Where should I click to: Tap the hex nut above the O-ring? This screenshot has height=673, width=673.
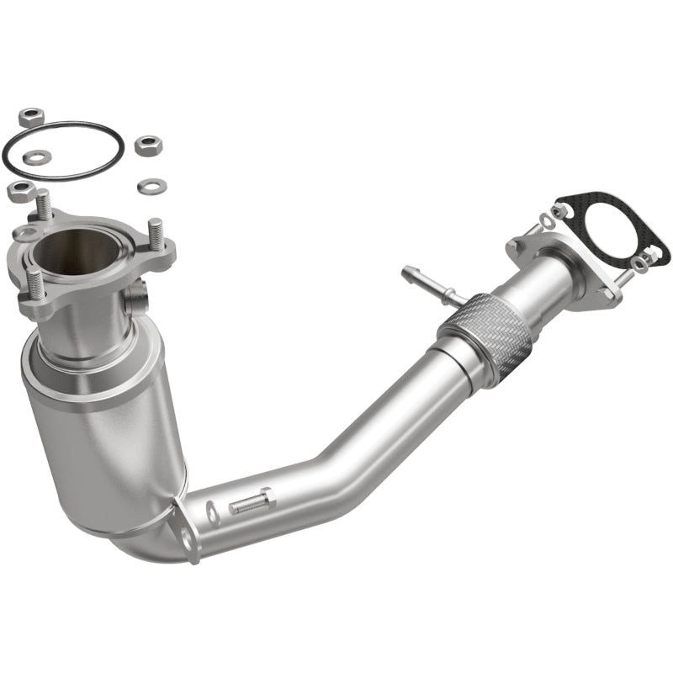tap(31, 117)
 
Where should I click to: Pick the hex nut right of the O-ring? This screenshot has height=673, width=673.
tap(148, 146)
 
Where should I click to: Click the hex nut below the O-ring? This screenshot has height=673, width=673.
tap(20, 190)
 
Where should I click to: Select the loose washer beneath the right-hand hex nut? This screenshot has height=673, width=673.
tap(152, 184)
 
